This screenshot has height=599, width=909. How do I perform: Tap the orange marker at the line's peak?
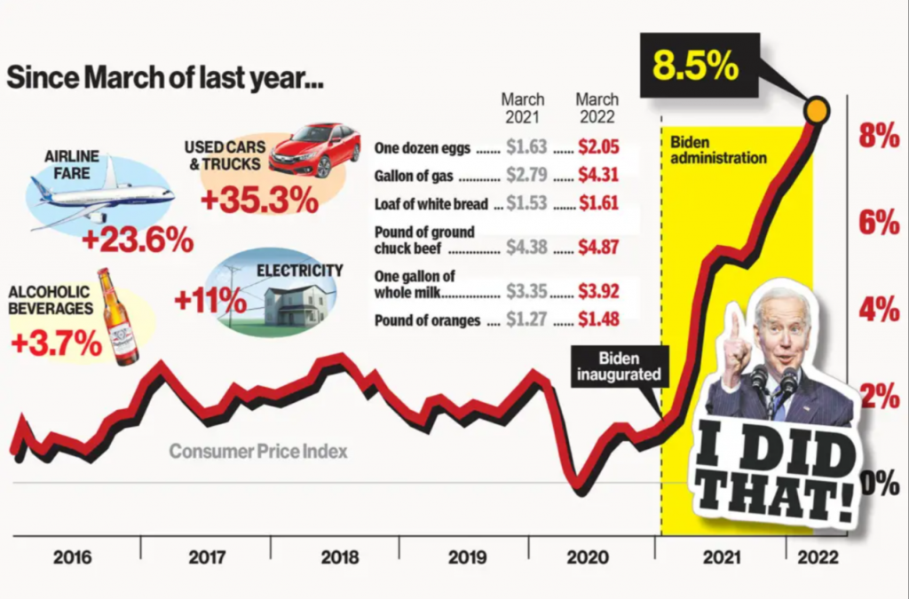tap(816, 110)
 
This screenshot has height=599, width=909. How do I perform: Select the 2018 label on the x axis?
tap(339, 557)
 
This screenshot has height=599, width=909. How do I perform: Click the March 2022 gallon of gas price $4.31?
tap(597, 176)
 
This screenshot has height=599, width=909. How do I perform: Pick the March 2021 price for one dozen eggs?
tap(526, 148)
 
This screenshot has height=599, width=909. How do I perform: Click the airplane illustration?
tap(99, 195)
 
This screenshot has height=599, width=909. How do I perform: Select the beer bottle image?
tap(117, 318)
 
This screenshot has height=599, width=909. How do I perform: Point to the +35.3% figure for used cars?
tap(258, 200)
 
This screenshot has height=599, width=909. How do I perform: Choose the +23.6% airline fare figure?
tap(137, 240)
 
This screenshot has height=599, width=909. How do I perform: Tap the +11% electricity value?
tap(209, 300)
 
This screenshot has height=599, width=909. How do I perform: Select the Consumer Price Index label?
tap(258, 452)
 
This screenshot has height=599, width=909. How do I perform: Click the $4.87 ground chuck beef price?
tap(597, 248)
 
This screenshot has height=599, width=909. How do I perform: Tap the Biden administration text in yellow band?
tap(717, 150)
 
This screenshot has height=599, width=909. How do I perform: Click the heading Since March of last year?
tap(164, 79)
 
